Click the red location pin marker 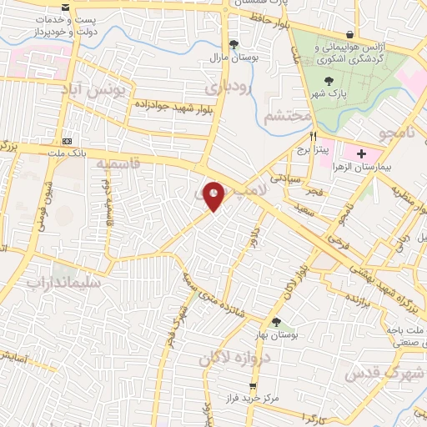[x=214, y=196]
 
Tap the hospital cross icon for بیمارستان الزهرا [x=361, y=154]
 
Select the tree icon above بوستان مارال [x=234, y=45]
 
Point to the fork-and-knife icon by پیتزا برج [x=314, y=136]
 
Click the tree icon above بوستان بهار [x=277, y=323]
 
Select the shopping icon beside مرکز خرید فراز [x=254, y=387]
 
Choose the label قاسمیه [x=117, y=164]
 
